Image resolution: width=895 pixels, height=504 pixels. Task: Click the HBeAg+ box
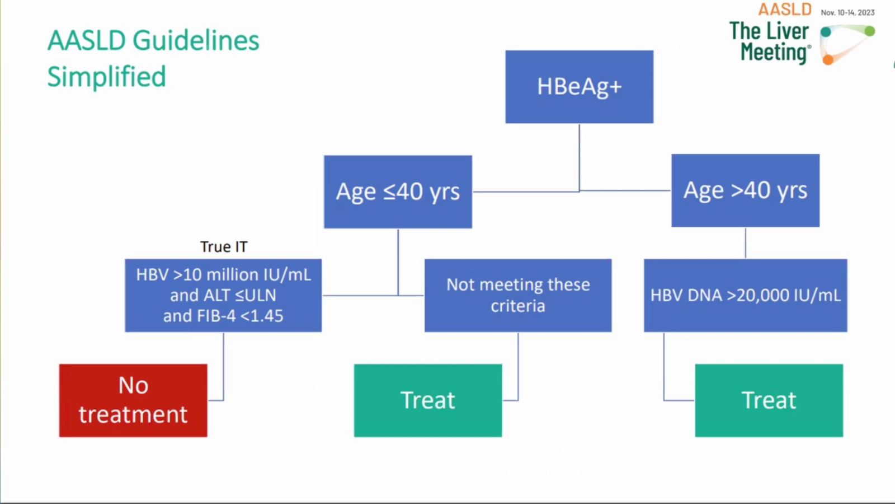tap(580, 87)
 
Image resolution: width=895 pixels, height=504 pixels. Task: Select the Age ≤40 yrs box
tap(398, 192)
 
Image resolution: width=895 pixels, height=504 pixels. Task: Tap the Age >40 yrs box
tap(746, 190)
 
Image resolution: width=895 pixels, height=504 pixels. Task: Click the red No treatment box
tap(133, 400)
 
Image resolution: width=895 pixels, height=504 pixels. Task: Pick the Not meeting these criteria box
tap(518, 295)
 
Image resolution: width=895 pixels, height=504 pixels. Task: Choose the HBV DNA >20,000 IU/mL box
tap(746, 295)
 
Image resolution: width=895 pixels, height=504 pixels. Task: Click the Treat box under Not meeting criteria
tap(428, 400)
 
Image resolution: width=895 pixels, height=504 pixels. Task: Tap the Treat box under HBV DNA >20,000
tap(769, 400)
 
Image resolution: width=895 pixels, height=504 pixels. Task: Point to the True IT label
tap(224, 247)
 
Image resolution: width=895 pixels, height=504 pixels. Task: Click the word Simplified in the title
tap(106, 76)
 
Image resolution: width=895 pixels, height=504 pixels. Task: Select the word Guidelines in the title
tap(196, 41)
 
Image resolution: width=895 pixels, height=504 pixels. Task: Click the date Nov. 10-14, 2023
tap(847, 12)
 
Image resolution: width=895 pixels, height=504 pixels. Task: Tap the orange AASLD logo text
tap(785, 9)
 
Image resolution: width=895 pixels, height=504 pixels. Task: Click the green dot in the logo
tap(869, 31)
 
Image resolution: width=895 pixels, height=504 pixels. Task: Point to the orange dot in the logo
tap(828, 59)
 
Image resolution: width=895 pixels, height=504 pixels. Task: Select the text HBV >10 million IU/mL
tap(223, 275)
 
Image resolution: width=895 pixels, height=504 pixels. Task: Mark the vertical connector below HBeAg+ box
tap(580, 157)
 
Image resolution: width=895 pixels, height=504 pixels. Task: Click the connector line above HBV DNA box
tap(746, 243)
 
